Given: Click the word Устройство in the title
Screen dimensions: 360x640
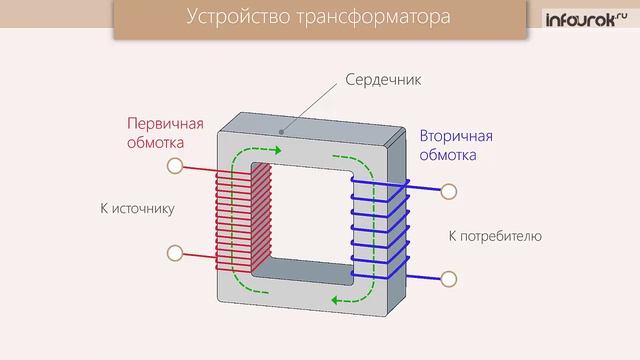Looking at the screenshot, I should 235,19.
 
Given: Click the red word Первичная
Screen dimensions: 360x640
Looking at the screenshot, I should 164,124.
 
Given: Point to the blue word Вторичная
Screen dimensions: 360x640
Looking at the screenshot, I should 457,136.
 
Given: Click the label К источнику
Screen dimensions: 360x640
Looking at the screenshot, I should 137,209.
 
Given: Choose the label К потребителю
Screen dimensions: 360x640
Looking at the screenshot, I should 494,237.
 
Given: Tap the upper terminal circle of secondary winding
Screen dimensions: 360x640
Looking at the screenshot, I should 448,190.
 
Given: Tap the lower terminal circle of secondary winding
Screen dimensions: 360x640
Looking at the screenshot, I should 448,277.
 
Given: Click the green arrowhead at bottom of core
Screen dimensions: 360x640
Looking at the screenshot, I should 337,300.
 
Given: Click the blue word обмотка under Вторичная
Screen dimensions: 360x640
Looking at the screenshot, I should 447,156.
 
